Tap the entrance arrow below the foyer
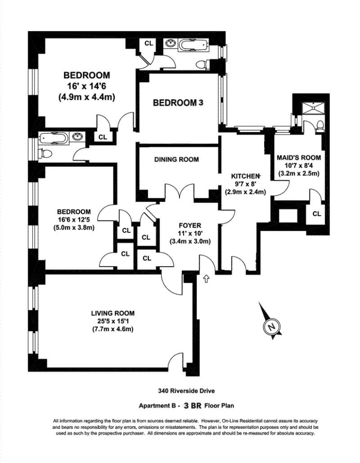pos(207,279)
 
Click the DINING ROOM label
pos(176,160)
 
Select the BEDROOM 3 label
pos(178,102)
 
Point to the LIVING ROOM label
pos(113,313)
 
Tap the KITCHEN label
pos(246,176)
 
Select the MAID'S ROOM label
pos(299,157)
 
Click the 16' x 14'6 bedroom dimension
pos(87,86)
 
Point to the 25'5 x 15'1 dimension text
pos(113,321)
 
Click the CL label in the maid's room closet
pos(317,214)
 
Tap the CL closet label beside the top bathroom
pos(149,44)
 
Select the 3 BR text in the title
pos(193,406)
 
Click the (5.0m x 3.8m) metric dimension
pos(74,228)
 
